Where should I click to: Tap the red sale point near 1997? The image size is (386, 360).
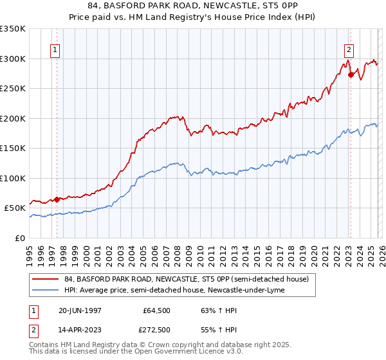click(x=57, y=199)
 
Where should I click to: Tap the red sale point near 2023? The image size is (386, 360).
click(x=351, y=75)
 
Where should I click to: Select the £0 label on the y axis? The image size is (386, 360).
click(x=20, y=238)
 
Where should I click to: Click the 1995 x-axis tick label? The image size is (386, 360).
click(x=30, y=254)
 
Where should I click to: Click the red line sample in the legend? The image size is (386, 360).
click(x=45, y=279)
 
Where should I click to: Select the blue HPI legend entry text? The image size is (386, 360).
click(x=178, y=290)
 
